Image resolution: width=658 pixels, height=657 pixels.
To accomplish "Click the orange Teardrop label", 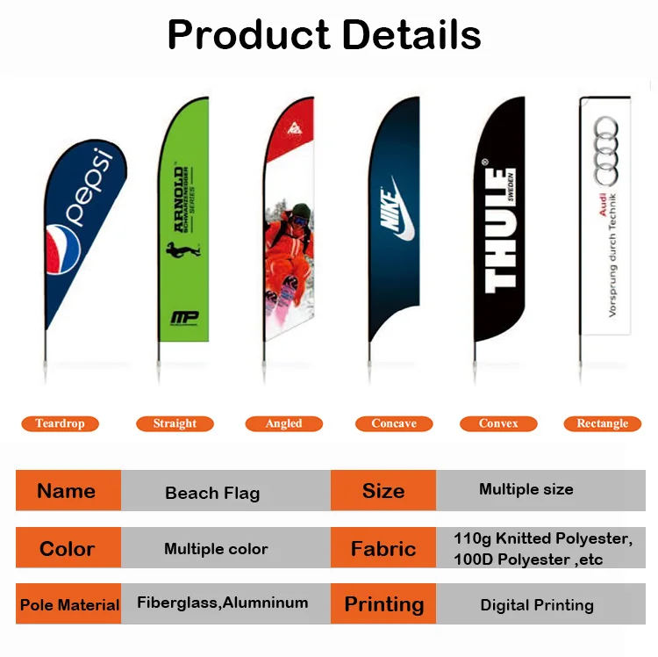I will pos(60,423).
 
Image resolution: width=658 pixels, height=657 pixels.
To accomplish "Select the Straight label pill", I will pos(175,423).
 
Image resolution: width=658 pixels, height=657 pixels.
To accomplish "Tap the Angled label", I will pos(283,423).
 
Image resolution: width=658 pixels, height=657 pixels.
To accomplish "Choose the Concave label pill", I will pos(393,423).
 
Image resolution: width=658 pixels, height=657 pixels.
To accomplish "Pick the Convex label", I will pos(498,423).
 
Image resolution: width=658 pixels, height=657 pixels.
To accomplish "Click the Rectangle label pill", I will pos(602,423).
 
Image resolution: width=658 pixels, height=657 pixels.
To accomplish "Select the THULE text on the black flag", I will pos(501,230).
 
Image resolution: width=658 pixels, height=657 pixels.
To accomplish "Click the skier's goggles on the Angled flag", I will pos(300,214).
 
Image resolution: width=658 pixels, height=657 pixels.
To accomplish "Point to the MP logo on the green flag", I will pos(184,318).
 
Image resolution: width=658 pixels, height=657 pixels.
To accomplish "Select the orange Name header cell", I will pos(68,491).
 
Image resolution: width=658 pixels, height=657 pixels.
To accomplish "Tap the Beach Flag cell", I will pos(212,493).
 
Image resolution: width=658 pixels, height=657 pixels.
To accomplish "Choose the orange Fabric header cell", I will pos(383,549).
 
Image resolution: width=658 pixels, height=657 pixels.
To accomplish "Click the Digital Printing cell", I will pos(537,604).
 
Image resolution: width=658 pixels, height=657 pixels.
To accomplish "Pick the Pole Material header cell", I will pos(68,604).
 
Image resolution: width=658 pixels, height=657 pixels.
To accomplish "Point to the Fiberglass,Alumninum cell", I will pos(223,603).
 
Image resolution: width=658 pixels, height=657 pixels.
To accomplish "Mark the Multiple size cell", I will pos(526,489).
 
